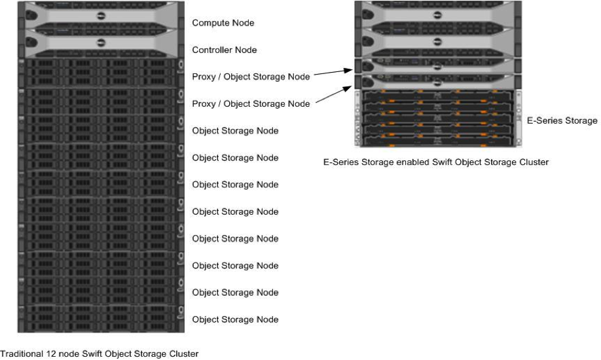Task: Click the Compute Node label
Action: (223, 23)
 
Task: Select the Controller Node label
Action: (225, 50)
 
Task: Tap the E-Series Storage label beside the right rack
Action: (562, 120)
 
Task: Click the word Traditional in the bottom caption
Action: (21, 354)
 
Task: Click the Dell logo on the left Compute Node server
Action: (101, 16)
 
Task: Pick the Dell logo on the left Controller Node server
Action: (101, 43)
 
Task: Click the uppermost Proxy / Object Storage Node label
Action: (251, 77)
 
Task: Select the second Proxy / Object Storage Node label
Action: (251, 103)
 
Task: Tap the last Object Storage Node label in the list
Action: (235, 319)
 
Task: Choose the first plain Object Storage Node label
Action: (235, 131)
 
